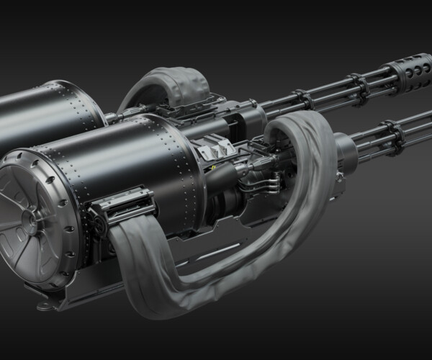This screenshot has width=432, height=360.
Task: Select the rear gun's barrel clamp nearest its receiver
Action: click(302, 99)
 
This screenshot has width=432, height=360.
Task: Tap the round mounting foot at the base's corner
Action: click(45, 305)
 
